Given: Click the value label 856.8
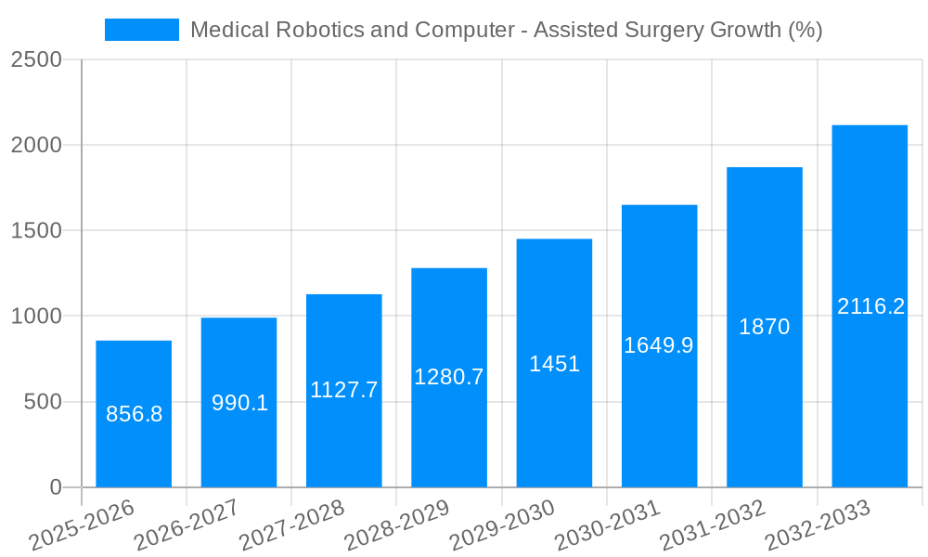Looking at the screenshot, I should (x=135, y=414).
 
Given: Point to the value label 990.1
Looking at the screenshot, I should (x=239, y=403).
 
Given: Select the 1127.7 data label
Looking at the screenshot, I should (x=344, y=390).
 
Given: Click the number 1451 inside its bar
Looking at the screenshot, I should (x=554, y=364).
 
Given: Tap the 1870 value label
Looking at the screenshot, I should (x=764, y=327).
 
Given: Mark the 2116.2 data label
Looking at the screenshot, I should (x=870, y=306).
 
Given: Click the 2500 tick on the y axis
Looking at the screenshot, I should (x=36, y=59).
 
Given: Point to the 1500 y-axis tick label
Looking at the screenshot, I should (x=36, y=231).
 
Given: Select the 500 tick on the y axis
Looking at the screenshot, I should (x=43, y=402).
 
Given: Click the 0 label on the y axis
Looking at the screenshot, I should (x=56, y=487).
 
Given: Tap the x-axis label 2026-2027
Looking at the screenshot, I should (x=187, y=525).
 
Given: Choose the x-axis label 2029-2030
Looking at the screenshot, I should (x=502, y=525).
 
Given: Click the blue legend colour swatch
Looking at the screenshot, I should (x=142, y=30).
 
